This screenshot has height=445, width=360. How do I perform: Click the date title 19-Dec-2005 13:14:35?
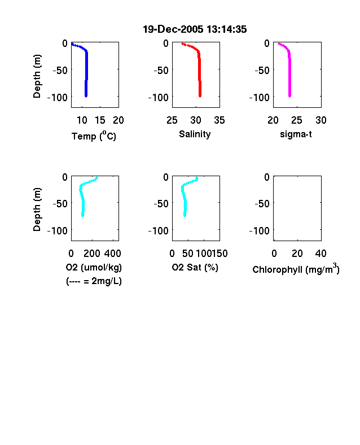tap(195, 29)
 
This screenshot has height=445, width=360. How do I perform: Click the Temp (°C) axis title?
tap(94, 136)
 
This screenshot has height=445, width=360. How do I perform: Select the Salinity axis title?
tap(195, 134)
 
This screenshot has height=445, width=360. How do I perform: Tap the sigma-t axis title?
tap(296, 134)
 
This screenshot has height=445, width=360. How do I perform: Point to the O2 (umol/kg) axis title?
tap(94, 267)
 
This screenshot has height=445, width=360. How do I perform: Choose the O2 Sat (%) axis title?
tap(195, 267)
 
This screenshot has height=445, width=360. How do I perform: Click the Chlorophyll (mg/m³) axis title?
tap(296, 268)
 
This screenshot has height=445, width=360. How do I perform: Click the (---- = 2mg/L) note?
tap(94, 281)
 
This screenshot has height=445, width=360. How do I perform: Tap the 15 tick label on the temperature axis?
tap(100, 120)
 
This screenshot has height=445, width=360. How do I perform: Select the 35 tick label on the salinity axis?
tap(219, 120)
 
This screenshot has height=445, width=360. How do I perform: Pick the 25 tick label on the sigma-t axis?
tap(297, 120)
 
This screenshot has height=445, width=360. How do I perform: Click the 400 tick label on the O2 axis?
tap(113, 254)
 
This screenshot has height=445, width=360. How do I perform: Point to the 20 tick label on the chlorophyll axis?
tap(297, 254)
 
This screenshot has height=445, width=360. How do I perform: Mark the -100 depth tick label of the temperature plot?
tap(58, 98)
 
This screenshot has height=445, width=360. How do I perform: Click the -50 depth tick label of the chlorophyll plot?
tap(262, 204)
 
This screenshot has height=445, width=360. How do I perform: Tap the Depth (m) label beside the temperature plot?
tap(37, 76)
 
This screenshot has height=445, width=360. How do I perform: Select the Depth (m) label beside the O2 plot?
tap(37, 210)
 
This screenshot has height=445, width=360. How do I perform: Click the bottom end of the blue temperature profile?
tap(86, 97)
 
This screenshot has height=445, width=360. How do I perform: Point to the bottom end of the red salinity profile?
tap(200, 97)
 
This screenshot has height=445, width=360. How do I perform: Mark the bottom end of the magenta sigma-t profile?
tap(289, 97)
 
